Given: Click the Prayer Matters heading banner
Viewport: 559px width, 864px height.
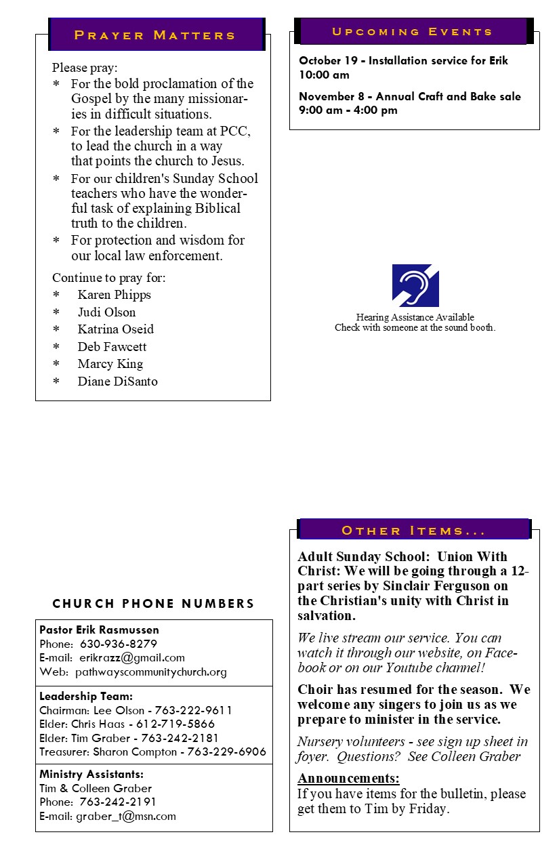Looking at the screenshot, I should [x=155, y=35].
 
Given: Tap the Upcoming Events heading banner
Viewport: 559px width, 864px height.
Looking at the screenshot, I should [x=413, y=32].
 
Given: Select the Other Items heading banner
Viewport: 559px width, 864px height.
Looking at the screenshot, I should [x=413, y=530].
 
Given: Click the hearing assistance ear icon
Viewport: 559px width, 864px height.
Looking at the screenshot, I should [x=415, y=285].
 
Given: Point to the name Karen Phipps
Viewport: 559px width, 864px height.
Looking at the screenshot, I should [x=114, y=295].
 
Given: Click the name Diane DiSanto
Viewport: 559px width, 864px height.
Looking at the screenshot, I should [x=117, y=382].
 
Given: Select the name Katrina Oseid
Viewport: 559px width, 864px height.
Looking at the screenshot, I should [x=115, y=329].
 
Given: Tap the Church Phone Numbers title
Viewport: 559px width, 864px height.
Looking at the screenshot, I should [x=154, y=604].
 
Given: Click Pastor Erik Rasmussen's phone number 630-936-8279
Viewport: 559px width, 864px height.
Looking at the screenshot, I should [x=119, y=644].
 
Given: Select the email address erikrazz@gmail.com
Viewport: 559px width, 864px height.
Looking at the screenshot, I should [x=132, y=658].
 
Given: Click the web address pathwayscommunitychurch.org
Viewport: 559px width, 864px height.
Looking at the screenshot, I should [x=151, y=672].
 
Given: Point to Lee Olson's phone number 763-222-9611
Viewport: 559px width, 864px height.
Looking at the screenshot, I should [x=194, y=711].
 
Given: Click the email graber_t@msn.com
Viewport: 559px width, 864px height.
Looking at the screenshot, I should [x=126, y=817].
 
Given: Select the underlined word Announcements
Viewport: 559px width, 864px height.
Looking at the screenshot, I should [x=348, y=778].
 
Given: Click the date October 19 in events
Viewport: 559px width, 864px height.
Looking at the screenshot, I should [x=327, y=61].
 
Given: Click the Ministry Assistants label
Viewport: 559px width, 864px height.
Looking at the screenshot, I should [x=91, y=775].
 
